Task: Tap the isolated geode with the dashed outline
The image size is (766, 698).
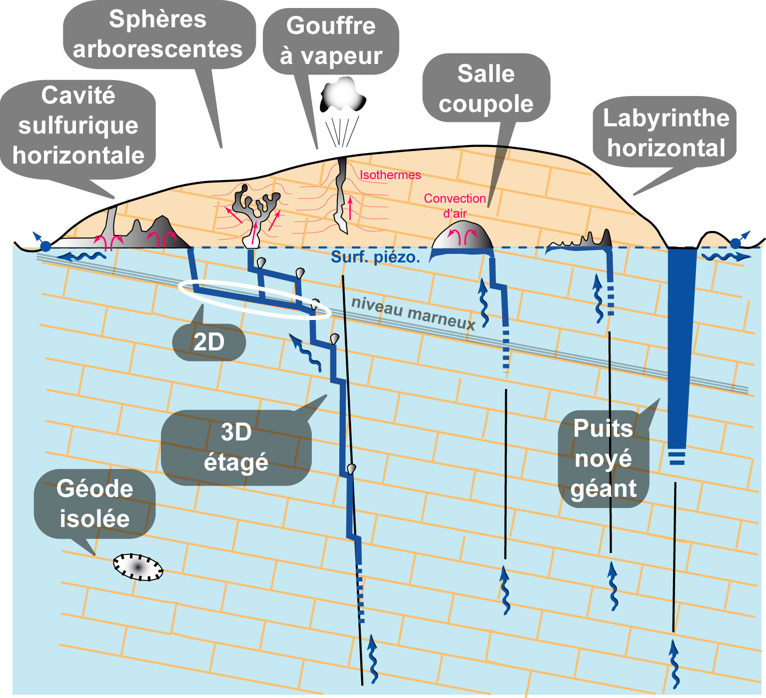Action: pyautogui.click(x=138, y=566)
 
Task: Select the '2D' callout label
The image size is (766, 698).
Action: pyautogui.click(x=209, y=342)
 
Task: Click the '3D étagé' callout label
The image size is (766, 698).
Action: pyautogui.click(x=236, y=447)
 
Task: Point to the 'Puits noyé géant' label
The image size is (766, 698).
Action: pyautogui.click(x=604, y=458)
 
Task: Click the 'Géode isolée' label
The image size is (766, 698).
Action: pyautogui.click(x=94, y=503)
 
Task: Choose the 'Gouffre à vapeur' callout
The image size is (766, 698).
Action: pyautogui.click(x=331, y=41)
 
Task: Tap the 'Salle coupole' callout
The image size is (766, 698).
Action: pyautogui.click(x=486, y=88)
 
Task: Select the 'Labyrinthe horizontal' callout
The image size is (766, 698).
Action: pyautogui.click(x=666, y=133)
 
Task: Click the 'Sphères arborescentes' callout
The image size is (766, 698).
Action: pyautogui.click(x=158, y=34)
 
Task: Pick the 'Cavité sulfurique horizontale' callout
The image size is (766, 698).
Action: pyautogui.click(x=78, y=125)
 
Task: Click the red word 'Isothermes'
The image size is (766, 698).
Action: pyautogui.click(x=390, y=175)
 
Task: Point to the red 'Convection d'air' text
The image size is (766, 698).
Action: pyautogui.click(x=455, y=205)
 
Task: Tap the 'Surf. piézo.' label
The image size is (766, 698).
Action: pyautogui.click(x=375, y=257)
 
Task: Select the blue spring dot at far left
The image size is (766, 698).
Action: pyautogui.click(x=45, y=246)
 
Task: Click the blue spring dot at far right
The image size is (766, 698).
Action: pyautogui.click(x=735, y=243)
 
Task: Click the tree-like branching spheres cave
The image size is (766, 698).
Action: pyautogui.click(x=255, y=210)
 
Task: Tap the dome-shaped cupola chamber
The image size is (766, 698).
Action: pyautogui.click(x=462, y=236)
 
